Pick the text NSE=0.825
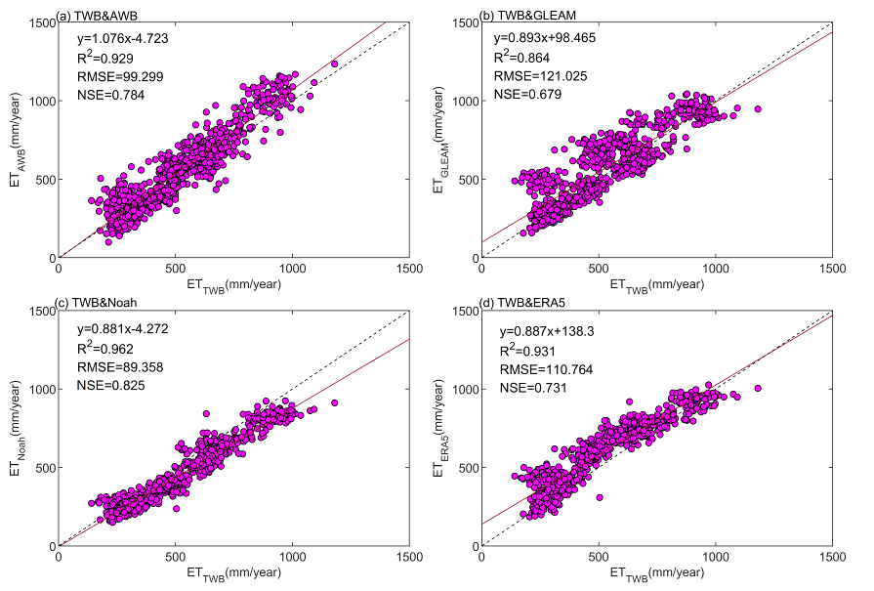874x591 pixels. [x=108, y=387]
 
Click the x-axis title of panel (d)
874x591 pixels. [x=656, y=571]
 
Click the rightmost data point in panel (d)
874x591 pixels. [x=758, y=388]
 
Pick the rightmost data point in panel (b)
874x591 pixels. [x=758, y=109]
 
